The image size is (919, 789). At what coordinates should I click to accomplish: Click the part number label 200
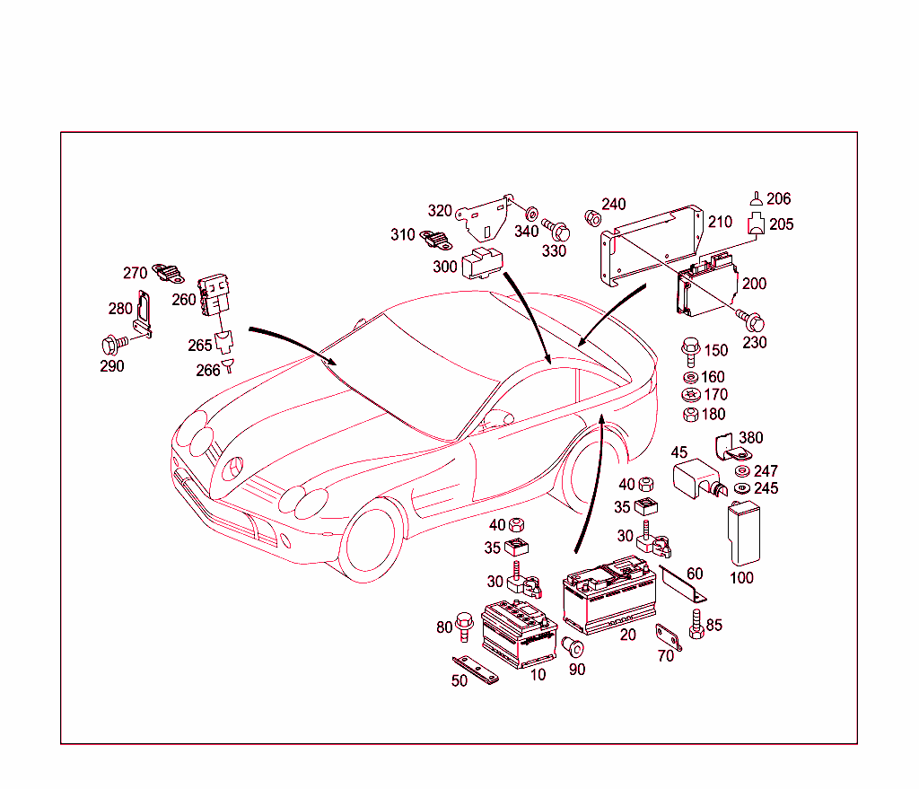click(754, 284)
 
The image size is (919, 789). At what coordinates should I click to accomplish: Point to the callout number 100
click(741, 578)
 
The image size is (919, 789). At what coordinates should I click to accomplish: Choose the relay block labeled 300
click(482, 261)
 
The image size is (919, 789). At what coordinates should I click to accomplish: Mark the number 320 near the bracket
click(440, 211)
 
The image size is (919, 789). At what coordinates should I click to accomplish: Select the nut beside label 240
click(591, 216)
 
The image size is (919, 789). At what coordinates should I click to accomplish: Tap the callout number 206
click(778, 199)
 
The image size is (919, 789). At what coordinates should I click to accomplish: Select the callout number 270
click(135, 273)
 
